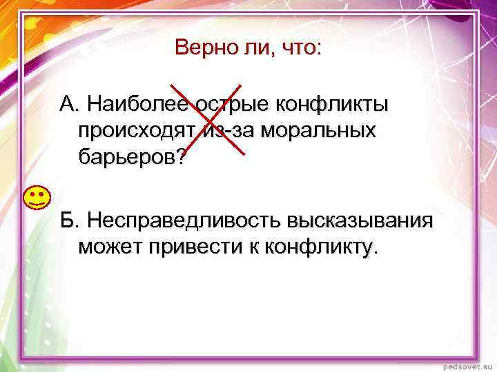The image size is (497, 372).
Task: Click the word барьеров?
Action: point(132,157)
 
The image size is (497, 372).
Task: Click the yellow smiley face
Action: point(36,198)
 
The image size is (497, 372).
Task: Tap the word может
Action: point(110,246)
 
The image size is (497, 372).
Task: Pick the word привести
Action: point(191,246)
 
